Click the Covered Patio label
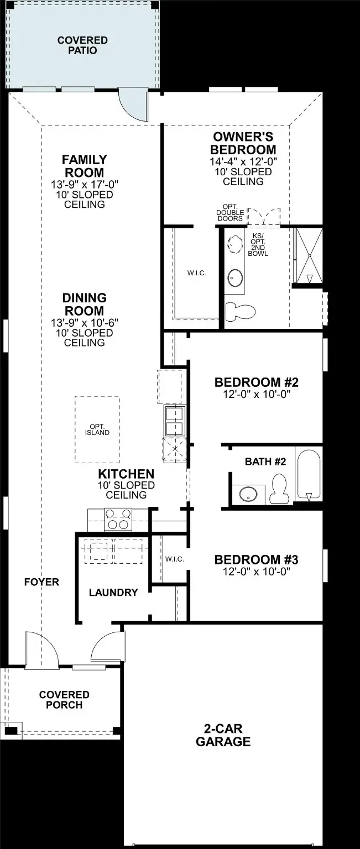(x=82, y=45)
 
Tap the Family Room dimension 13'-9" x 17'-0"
(x=84, y=184)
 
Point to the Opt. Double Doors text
(x=229, y=213)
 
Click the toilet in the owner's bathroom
(x=241, y=311)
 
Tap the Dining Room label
(x=84, y=305)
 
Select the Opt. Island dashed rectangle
(x=97, y=429)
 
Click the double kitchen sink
(x=175, y=421)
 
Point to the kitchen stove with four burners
(x=118, y=520)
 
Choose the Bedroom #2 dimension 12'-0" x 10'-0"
(x=257, y=395)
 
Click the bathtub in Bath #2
(x=307, y=474)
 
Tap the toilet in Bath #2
(x=280, y=490)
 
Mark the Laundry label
(x=113, y=593)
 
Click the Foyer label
(x=41, y=582)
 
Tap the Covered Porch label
(x=64, y=699)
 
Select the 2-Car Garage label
(x=223, y=736)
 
